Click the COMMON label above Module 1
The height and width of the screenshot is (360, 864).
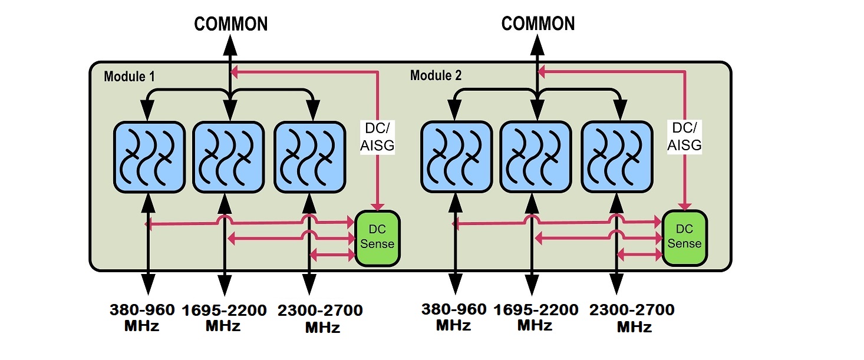230,24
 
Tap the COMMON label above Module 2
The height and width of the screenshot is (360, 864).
537,24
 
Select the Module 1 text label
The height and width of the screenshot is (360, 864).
129,77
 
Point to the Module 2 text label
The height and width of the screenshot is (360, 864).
436,75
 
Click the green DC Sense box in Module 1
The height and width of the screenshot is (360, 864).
377,236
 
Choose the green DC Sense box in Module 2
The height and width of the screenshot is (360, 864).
684,236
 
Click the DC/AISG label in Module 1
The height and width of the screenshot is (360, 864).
377,136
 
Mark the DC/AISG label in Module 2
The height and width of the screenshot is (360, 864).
684,136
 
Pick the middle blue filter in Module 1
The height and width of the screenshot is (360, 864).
227,156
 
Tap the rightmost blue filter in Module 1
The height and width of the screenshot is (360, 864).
309,156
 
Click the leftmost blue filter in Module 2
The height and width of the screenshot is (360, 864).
456,156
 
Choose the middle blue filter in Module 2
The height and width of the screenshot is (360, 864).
535,156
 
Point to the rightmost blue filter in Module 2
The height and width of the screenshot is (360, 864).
617,156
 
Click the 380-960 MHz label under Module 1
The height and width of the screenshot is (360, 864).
142,318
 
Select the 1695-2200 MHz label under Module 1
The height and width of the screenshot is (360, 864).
223,318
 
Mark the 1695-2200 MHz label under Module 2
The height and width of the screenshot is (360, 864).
535,318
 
